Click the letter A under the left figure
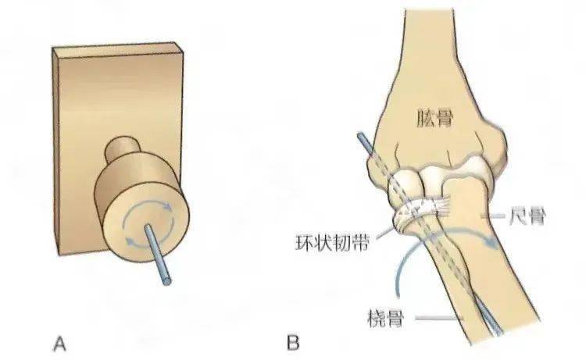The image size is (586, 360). point(59,343)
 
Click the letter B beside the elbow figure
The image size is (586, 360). point(293,343)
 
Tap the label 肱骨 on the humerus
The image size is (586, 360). point(434,119)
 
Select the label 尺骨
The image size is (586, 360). point(527,216)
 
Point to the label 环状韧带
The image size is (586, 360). point(332,242)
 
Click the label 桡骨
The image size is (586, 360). point(386,319)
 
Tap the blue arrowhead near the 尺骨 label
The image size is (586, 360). point(492,242)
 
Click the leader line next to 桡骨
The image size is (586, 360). point(439,319)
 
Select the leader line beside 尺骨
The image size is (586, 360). point(492,216)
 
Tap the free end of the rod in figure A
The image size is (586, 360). point(166,281)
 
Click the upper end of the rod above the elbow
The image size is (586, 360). point(361,135)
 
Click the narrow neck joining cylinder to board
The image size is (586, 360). point(123,148)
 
